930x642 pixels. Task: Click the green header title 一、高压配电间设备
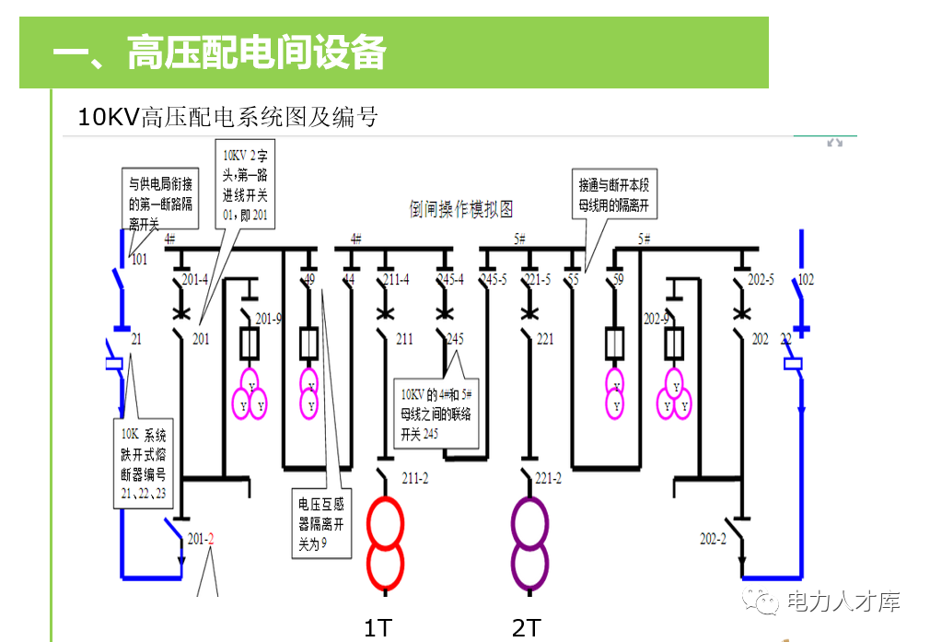click(219, 53)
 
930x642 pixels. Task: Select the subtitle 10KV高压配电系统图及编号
click(227, 117)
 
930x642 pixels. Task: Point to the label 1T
click(378, 628)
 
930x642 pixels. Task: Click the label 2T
click(525, 628)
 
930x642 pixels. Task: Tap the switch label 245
click(455, 339)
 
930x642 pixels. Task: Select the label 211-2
click(415, 477)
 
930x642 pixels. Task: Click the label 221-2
click(548, 477)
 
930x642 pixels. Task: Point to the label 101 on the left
click(138, 260)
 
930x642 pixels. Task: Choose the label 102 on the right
click(806, 279)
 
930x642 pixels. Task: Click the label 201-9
click(269, 319)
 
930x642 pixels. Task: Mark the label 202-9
click(657, 319)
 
